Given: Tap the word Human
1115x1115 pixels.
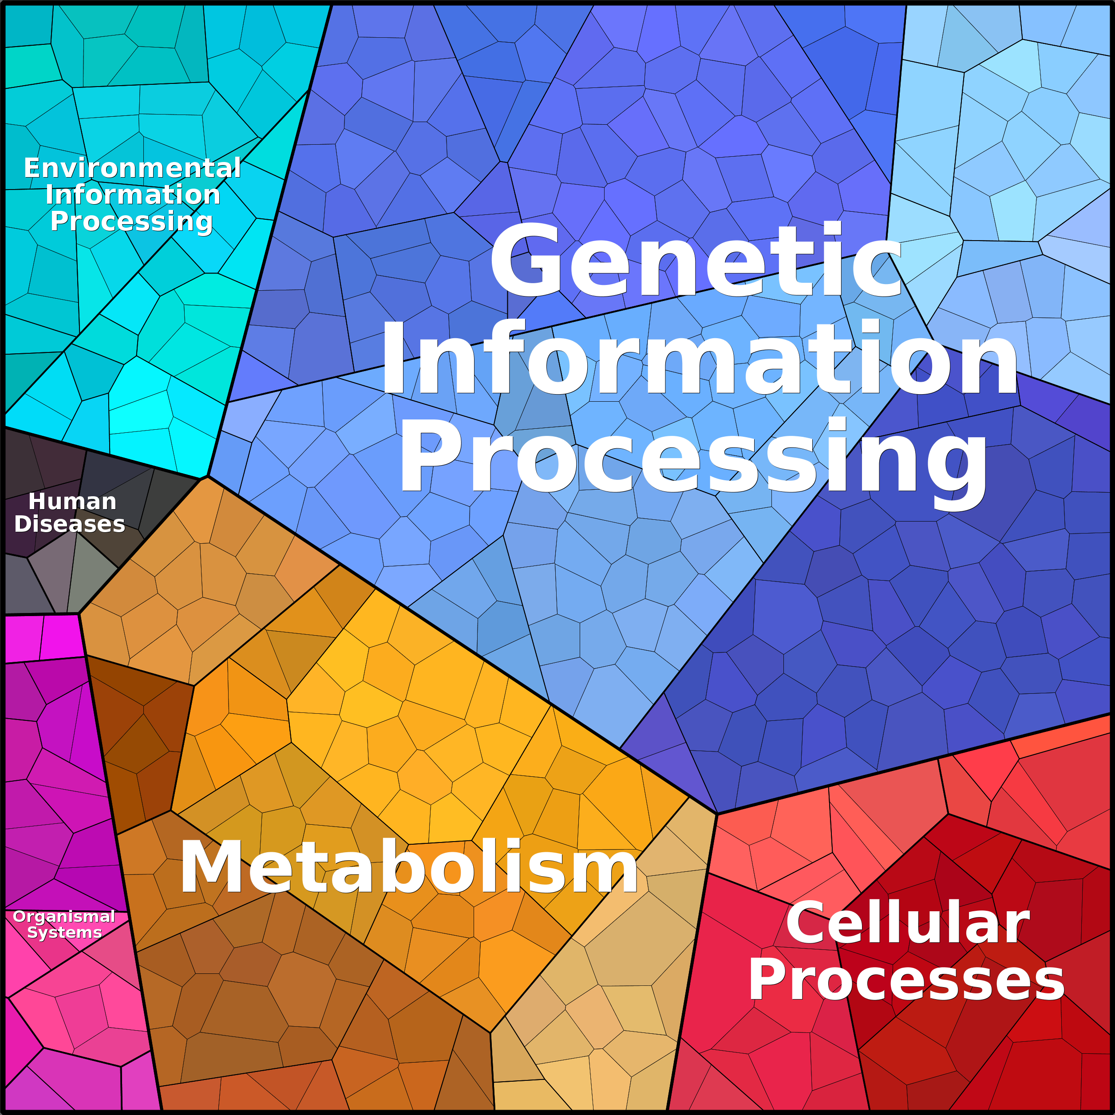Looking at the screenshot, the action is [x=73, y=502].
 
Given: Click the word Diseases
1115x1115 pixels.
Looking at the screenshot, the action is [x=69, y=524].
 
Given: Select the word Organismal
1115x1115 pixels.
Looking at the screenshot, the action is [x=64, y=917].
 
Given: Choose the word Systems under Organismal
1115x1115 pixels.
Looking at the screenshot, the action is [x=64, y=932].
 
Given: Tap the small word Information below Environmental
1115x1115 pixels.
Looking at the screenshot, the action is [x=133, y=194].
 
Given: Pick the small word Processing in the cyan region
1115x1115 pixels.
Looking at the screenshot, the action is [x=131, y=221].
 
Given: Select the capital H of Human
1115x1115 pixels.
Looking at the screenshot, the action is [x=38, y=502].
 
